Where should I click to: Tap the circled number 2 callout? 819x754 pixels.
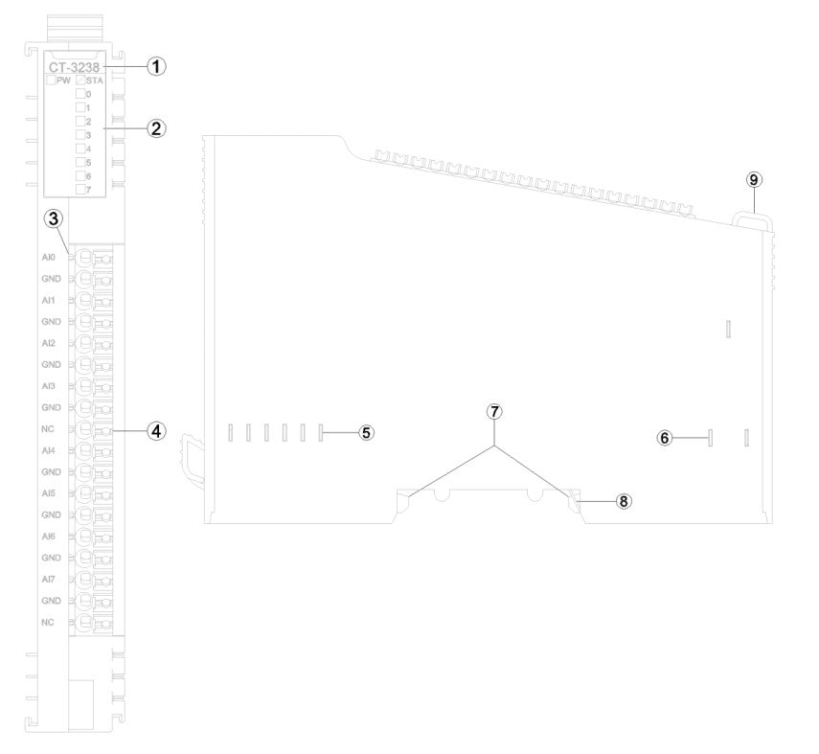coord(157,127)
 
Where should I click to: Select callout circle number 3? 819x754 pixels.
coord(55,218)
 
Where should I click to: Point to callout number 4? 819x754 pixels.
coord(157,431)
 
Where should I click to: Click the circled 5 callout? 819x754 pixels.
coord(367,432)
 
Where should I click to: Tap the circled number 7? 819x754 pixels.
coord(494,411)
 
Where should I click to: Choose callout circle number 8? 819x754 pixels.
coord(623,500)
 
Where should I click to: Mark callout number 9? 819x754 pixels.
coord(754,180)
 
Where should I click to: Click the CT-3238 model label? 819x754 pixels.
coord(75,67)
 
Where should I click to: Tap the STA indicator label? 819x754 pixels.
coord(95,80)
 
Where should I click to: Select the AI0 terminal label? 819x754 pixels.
coord(49,258)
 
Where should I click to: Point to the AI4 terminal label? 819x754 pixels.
coord(49,450)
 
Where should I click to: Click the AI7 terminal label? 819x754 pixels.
coord(49,579)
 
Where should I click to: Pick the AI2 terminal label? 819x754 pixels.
coord(49,343)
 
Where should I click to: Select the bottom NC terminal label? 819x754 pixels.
coord(48,622)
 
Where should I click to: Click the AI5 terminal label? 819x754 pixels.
coord(49,493)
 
